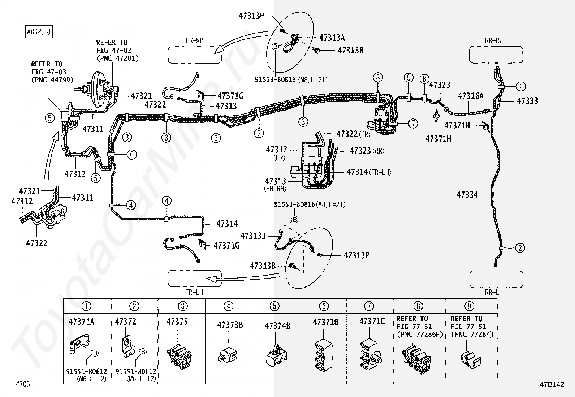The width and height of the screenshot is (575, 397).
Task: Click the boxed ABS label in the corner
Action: [39, 31]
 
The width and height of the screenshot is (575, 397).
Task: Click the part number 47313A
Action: [332, 38]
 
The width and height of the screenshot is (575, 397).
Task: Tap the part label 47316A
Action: [471, 96]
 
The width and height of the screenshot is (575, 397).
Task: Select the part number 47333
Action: [527, 101]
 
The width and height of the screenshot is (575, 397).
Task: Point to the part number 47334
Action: [467, 195]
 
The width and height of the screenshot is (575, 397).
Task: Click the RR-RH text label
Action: [494, 40]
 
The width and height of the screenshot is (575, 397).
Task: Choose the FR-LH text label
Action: [194, 292]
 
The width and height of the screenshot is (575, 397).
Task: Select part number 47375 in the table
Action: [177, 322]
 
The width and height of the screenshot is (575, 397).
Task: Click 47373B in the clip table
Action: [230, 325]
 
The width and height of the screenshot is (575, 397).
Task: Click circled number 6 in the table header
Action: [324, 306]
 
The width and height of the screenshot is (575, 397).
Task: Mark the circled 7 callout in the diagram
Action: [413, 124]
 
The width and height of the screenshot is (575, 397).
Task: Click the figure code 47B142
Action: [552, 384]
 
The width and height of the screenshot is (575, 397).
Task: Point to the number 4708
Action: [23, 384]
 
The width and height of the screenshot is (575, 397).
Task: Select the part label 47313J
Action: [253, 236]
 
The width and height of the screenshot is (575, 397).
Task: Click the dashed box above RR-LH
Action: [496, 279]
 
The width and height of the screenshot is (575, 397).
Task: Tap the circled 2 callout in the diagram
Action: [520, 248]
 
